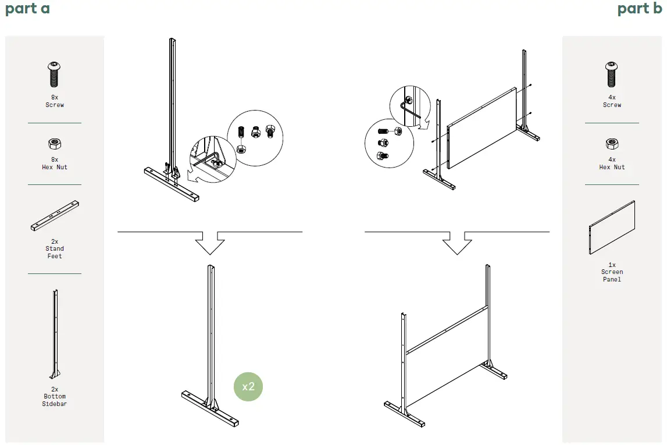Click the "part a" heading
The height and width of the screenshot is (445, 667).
coord(27,9)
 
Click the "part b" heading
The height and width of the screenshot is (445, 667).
coord(639,9)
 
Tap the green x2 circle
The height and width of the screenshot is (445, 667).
coord(248,387)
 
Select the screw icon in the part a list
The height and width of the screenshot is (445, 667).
coord(54,74)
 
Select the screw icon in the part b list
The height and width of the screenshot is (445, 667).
coord(612,74)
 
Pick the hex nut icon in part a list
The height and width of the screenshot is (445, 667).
coord(55,144)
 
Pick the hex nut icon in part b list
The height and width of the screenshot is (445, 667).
coord(612,144)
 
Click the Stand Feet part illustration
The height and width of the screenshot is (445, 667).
coord(55,216)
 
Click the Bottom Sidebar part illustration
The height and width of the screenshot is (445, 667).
coord(55,334)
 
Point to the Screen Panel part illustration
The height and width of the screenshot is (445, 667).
coord(612,227)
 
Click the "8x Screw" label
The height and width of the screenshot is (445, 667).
coord(55,101)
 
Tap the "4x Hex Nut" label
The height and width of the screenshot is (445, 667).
coord(612,163)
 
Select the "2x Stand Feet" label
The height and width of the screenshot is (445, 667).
coord(55,249)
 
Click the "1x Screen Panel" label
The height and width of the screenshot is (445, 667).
coord(612,272)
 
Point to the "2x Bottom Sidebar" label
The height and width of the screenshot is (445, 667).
coord(55,397)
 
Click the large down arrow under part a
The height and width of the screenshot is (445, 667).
coord(210,243)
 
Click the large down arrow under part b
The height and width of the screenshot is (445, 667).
coord(457,243)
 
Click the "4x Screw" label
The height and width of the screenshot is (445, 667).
coord(612,101)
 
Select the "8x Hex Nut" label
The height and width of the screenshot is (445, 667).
coord(55,163)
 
